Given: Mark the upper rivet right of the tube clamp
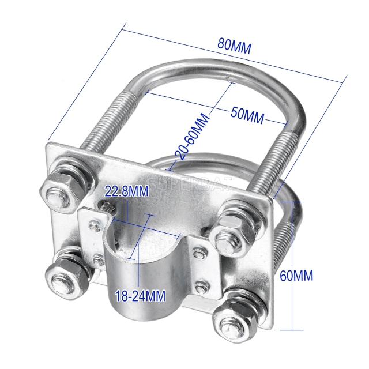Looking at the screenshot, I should pyautogui.click(x=198, y=253).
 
